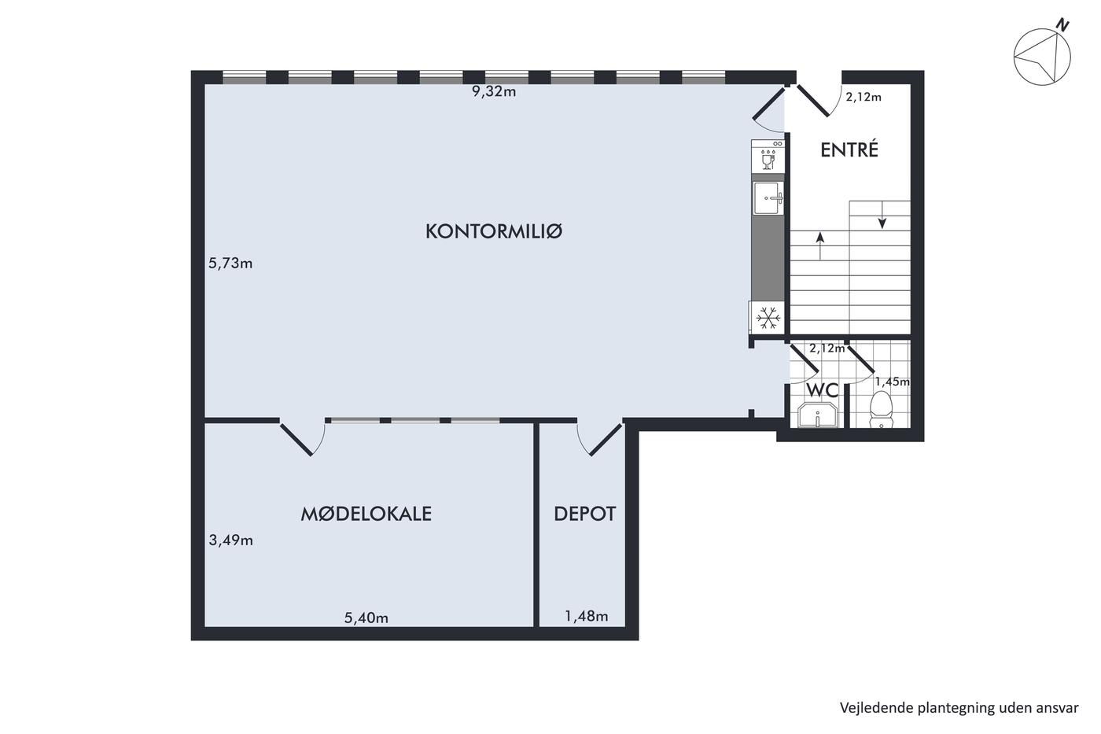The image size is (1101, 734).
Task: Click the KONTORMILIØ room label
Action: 494,231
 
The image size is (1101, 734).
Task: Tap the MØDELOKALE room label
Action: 366,514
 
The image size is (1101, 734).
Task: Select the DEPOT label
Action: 584,514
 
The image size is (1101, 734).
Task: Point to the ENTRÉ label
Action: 849,149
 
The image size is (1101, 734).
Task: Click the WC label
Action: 823,390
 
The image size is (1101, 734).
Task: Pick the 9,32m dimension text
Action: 494,92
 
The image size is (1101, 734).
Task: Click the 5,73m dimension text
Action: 230,264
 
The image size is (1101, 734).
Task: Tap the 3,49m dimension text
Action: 231,540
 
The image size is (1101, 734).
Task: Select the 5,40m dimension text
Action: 366,618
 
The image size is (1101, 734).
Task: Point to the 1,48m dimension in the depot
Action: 587,616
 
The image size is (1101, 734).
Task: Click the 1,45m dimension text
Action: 892,382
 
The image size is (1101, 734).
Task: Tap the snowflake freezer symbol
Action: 768,318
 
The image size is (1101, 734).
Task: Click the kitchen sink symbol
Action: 768,197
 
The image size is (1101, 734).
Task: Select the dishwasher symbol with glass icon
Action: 768,155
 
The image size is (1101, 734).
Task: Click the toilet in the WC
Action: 881,409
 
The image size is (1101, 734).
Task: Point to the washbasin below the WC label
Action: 818,415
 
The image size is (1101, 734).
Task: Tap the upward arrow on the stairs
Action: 819,245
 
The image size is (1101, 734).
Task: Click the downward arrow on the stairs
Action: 882,216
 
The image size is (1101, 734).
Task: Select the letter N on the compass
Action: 1062,25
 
